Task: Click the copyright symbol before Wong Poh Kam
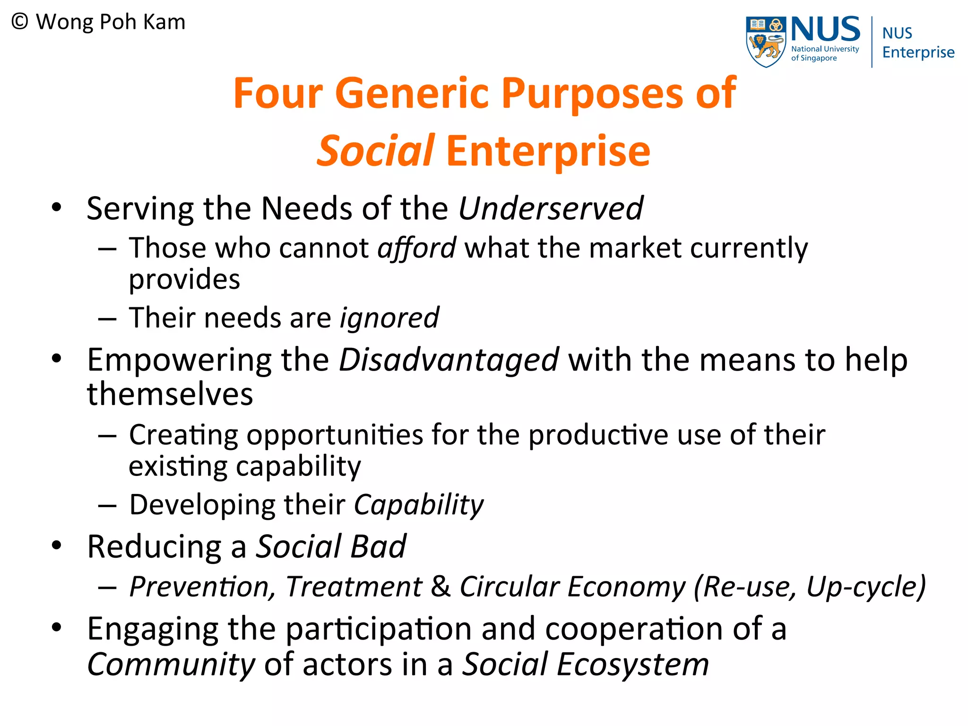point(20,22)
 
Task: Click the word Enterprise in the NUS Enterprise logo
point(918,52)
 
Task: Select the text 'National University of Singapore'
point(824,53)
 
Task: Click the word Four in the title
point(278,93)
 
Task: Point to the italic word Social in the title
point(375,151)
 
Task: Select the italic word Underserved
point(551,208)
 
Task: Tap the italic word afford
point(416,248)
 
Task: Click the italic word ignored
point(389,318)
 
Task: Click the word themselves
point(170,394)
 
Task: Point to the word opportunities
point(335,435)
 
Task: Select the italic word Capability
point(419,505)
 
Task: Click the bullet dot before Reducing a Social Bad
point(57,546)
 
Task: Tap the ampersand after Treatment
point(441,587)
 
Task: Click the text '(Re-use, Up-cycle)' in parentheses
point(810,587)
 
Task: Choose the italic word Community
point(171,665)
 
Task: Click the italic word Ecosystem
point(633,665)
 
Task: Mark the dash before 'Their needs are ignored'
point(107,319)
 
